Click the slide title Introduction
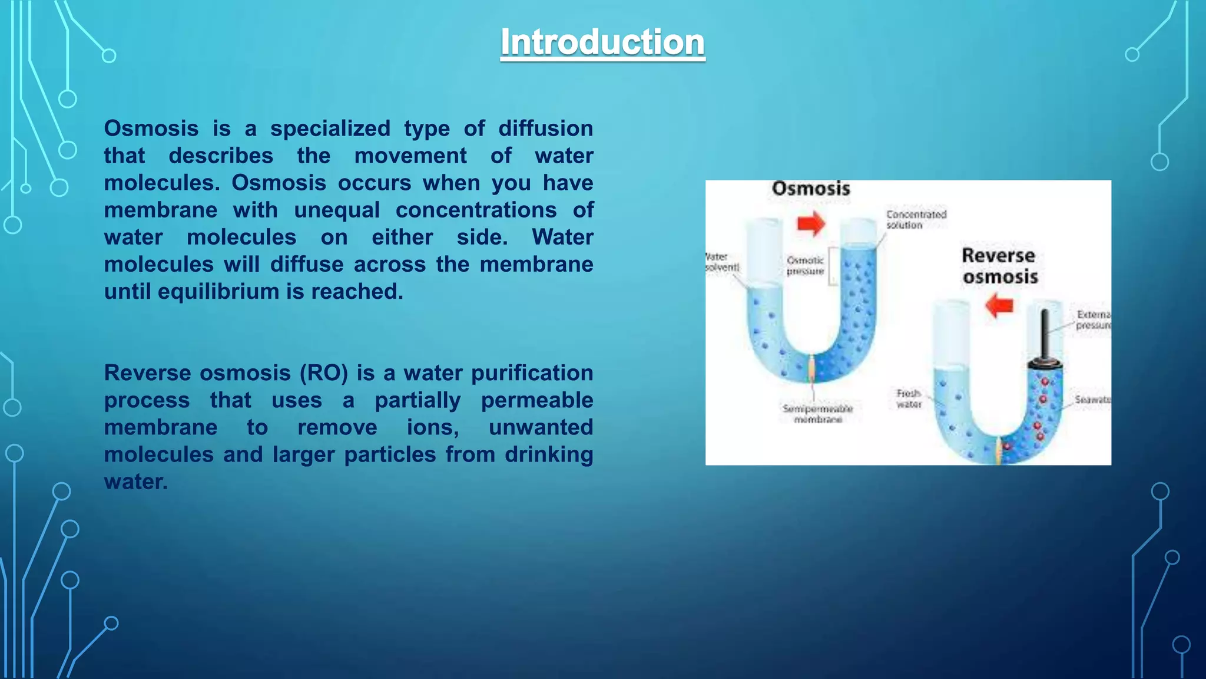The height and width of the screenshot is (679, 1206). pyautogui.click(x=602, y=42)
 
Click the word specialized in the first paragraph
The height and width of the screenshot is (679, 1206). pyautogui.click(x=330, y=128)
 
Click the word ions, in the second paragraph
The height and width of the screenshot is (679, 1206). pyautogui.click(x=433, y=427)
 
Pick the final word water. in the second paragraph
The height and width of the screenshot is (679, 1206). pyautogui.click(x=136, y=482)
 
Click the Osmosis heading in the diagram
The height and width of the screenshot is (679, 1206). pyautogui.click(x=811, y=189)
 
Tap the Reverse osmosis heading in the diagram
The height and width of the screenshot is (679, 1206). pyautogui.click(x=999, y=266)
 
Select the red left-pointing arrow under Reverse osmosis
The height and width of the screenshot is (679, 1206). pyautogui.click(x=999, y=306)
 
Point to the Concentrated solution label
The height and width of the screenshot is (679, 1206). pyautogui.click(x=916, y=219)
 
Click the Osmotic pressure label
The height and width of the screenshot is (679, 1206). pyautogui.click(x=805, y=266)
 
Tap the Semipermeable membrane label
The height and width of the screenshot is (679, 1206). pyautogui.click(x=817, y=414)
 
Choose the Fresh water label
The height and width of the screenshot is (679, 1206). pyautogui.click(x=908, y=398)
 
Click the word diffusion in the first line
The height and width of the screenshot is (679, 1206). pyautogui.click(x=545, y=128)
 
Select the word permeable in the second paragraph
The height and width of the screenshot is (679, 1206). pyautogui.click(x=536, y=400)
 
